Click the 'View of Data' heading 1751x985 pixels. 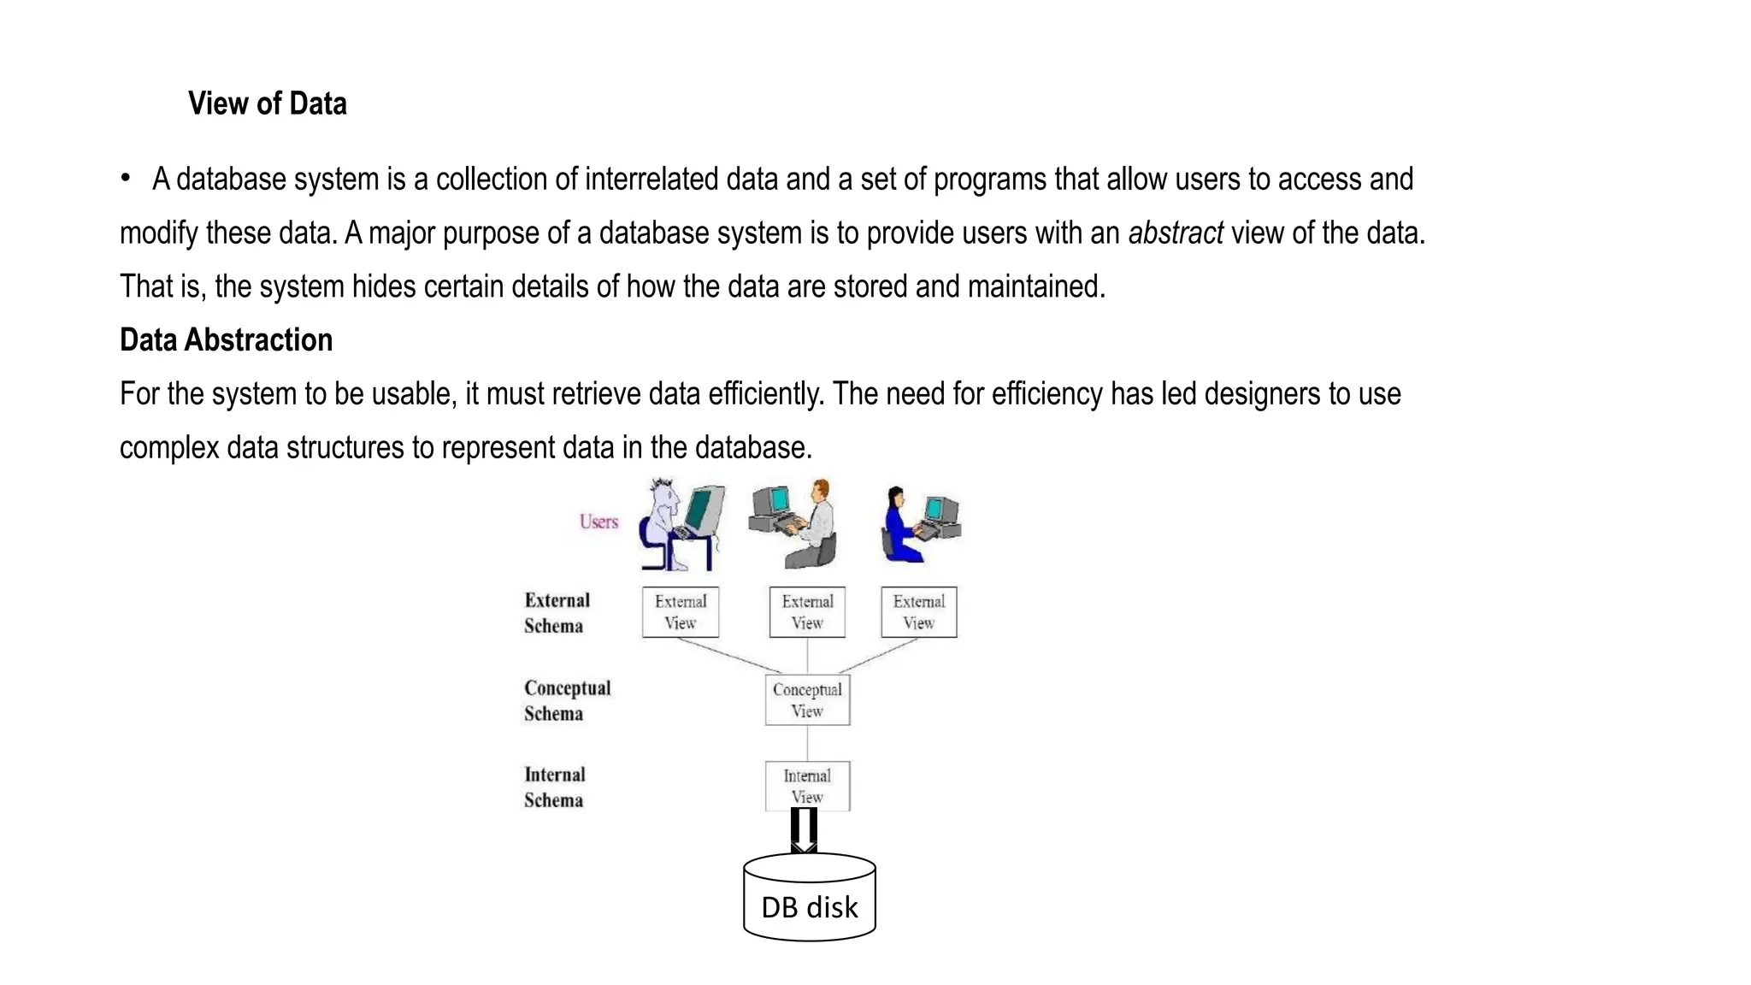pos(267,103)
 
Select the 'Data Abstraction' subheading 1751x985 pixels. pos(226,340)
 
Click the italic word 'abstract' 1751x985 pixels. pos(1175,233)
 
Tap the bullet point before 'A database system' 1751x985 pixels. pos(126,178)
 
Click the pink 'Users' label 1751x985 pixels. pos(598,522)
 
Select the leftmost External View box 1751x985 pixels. pos(681,612)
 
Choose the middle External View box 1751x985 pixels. pos(807,612)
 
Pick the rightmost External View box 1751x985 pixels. pos(918,612)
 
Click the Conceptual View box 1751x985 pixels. pos(807,700)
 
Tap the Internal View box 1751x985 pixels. pos(807,786)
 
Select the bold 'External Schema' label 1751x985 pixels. pos(557,613)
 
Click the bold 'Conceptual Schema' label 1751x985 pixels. pos(567,700)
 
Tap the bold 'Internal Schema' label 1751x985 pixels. pos(555,787)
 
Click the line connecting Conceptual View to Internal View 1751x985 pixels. pos(807,743)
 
